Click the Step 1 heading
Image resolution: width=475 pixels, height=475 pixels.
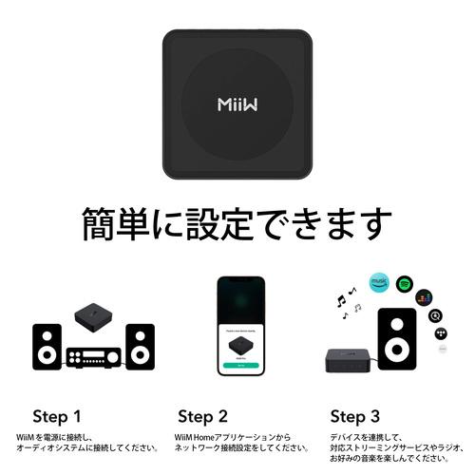[57, 415]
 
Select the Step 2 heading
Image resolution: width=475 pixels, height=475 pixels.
[202, 415]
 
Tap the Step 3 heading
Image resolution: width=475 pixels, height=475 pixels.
[355, 415]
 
